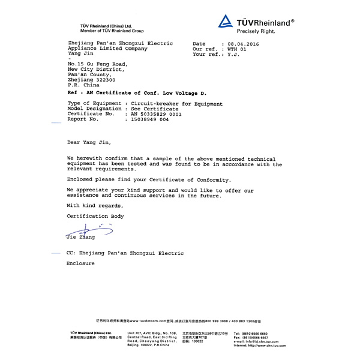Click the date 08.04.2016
(x=244, y=44)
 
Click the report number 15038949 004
(x=146, y=119)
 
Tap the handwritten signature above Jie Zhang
(x=89, y=229)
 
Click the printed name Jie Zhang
(x=80, y=238)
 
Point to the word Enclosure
(x=80, y=263)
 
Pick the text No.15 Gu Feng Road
(x=97, y=63)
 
